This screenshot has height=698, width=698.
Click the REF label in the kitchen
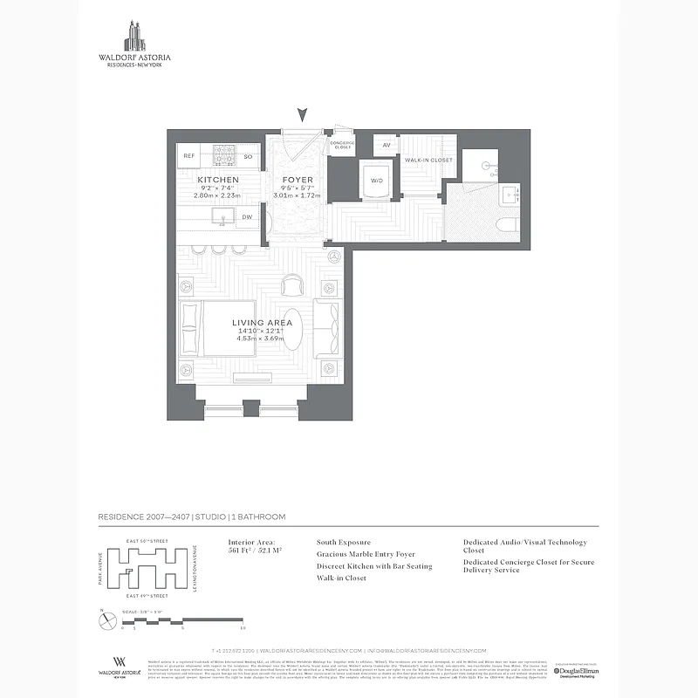click(188, 157)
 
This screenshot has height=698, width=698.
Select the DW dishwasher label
click(247, 217)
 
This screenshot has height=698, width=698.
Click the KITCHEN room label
click(218, 180)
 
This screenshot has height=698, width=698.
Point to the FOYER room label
click(297, 180)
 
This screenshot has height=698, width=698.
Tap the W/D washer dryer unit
click(377, 181)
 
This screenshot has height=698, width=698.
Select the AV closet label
click(386, 146)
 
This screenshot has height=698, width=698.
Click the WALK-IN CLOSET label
click(428, 161)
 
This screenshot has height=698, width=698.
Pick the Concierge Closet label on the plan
click(343, 145)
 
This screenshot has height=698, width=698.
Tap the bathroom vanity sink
click(510, 194)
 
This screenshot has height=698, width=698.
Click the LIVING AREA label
click(262, 323)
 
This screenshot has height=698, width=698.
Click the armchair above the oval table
click(293, 284)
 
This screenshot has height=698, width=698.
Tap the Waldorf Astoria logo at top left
click(134, 44)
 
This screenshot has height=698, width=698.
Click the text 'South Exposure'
click(343, 542)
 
